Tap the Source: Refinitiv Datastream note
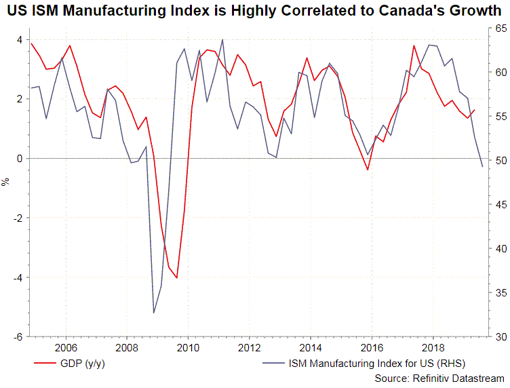(439, 379)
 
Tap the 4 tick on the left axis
(20, 39)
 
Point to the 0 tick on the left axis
(20, 158)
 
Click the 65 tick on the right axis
(497, 28)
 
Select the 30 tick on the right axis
(497, 336)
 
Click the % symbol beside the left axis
(7, 182)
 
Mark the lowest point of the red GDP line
(176, 277)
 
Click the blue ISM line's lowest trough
(154, 313)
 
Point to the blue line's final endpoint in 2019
(482, 167)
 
